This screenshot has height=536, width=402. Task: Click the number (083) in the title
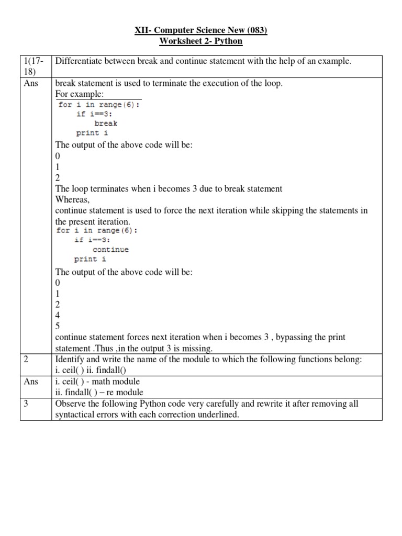click(256, 31)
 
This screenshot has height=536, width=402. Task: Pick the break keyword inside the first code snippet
click(106, 124)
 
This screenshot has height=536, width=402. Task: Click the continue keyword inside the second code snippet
click(110, 250)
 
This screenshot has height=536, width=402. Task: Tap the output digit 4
click(58, 316)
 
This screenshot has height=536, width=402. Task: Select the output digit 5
click(58, 326)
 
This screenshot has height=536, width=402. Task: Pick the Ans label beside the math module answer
click(31, 381)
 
